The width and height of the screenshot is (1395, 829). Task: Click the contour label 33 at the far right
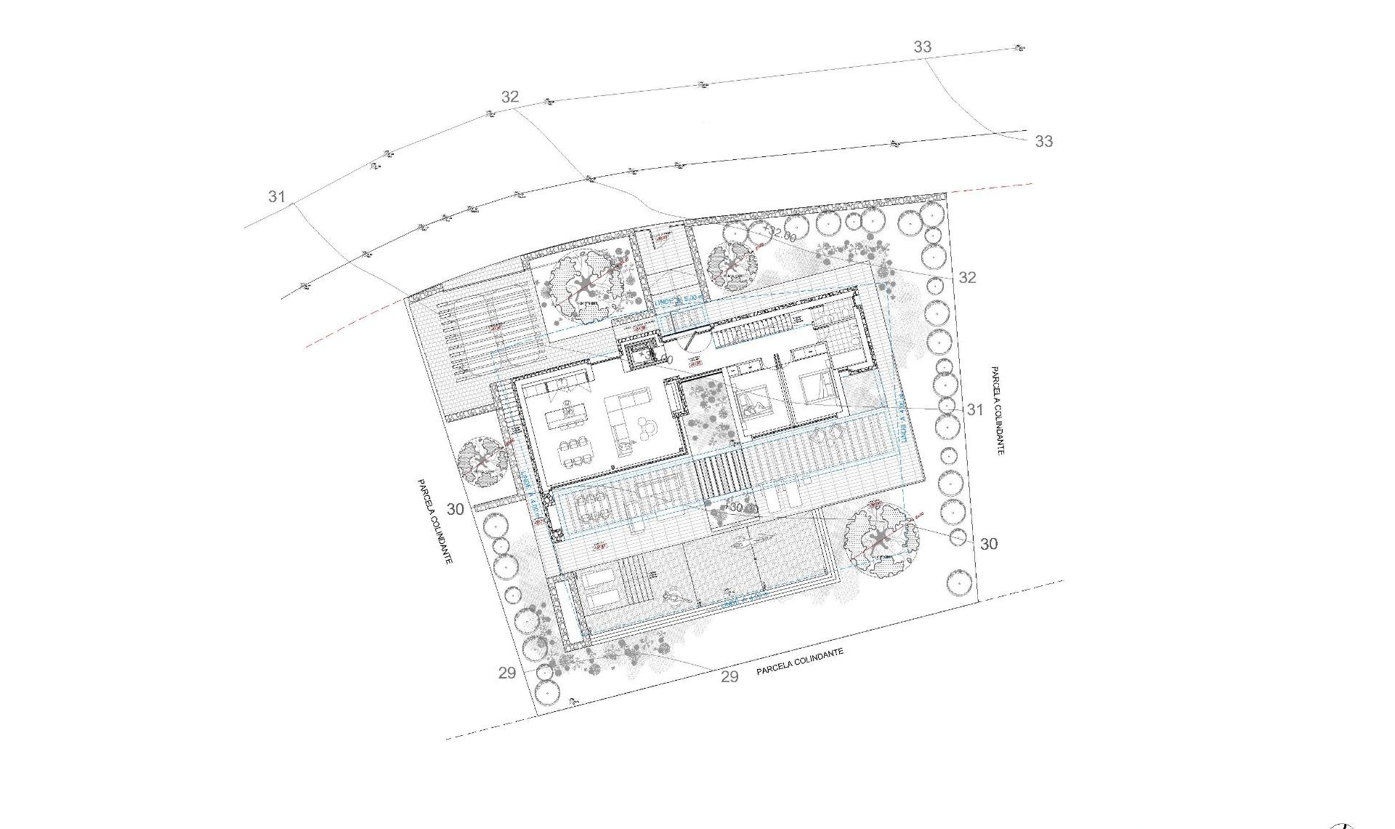point(1043,141)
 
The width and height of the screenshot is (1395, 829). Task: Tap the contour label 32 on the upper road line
point(510,97)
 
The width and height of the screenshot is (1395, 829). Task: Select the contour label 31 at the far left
point(276,196)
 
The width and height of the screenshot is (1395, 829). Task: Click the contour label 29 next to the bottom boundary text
point(729,676)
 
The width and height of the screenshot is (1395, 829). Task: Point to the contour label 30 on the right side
point(988,544)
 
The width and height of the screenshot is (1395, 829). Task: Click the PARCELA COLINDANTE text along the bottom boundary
point(799,662)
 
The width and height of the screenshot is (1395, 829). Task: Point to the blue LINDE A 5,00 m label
point(679,299)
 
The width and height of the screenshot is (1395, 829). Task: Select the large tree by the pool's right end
point(881,539)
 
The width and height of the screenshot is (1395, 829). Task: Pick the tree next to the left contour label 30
point(482,461)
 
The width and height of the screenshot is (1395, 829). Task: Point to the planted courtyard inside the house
point(706,414)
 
